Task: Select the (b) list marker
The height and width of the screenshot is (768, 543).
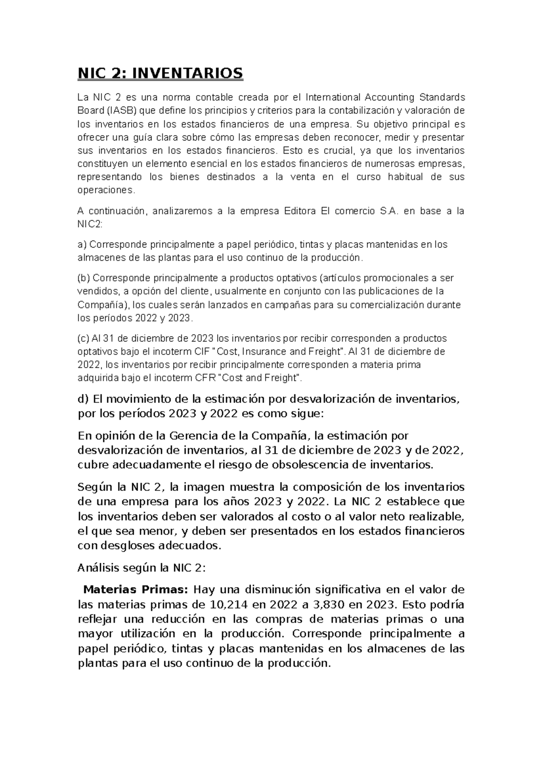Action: pos(84,278)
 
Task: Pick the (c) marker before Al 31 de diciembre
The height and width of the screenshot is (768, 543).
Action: pos(84,338)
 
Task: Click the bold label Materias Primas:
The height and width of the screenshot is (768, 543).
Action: pos(136,590)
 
